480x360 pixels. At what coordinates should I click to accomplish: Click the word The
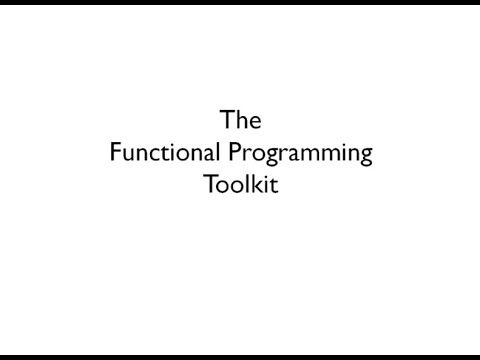(240, 122)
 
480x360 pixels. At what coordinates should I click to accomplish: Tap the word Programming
(309, 156)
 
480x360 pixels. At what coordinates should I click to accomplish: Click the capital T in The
(226, 122)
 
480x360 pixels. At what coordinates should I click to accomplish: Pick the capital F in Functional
(113, 154)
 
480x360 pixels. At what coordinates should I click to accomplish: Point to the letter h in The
(240, 122)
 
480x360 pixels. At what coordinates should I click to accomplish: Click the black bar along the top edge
(240, 3)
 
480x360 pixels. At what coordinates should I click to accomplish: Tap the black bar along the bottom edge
(240, 356)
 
